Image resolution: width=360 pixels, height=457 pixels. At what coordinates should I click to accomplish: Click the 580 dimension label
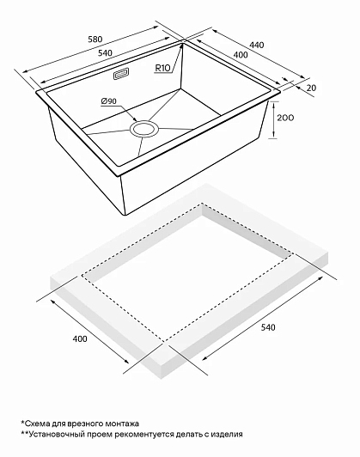95,39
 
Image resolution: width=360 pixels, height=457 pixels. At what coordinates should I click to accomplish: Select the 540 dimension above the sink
105,53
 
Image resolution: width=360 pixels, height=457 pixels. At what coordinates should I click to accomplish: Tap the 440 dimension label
257,45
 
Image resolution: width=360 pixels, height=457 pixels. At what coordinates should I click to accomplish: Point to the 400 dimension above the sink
241,54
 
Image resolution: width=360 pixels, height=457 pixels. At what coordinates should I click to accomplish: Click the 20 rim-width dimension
311,88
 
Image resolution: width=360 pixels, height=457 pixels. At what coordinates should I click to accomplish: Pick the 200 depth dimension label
285,118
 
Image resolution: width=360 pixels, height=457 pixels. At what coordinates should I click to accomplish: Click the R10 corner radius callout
162,68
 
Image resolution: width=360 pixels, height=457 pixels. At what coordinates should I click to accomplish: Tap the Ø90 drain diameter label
109,101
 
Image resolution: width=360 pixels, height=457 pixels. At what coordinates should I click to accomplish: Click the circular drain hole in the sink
144,129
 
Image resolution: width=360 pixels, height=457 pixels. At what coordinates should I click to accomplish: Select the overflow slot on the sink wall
121,74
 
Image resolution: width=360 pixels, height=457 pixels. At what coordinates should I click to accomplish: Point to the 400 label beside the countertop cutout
80,338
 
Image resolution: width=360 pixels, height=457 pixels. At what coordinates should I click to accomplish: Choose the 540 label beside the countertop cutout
267,327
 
